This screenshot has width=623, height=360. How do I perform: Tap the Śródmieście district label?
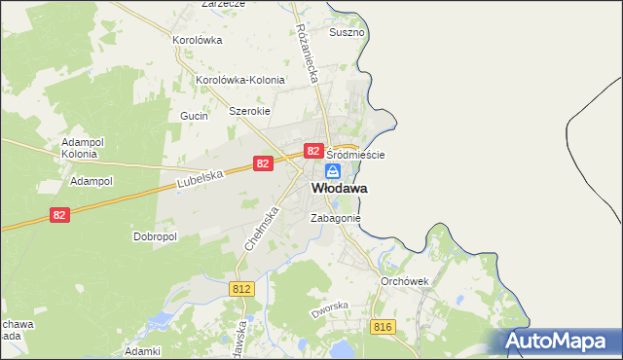click(x=355, y=155)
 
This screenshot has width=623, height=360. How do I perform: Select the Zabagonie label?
click(x=336, y=219)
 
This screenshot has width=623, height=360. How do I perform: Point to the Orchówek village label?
click(x=405, y=280)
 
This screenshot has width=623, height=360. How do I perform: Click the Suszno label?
click(x=348, y=32)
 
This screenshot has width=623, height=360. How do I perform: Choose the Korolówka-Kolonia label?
click(x=240, y=80)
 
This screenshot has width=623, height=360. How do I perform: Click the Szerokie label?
click(x=248, y=111)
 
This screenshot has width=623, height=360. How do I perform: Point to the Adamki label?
click(x=142, y=350)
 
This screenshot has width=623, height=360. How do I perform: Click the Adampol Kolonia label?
click(x=79, y=147)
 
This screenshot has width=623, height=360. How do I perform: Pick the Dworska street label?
click(x=329, y=311)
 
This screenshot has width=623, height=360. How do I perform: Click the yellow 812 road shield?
click(x=243, y=289)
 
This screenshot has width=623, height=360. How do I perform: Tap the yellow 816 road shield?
click(x=382, y=327)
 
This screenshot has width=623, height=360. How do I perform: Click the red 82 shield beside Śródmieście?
click(x=313, y=151)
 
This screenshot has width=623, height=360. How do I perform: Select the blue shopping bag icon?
click(x=333, y=171)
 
